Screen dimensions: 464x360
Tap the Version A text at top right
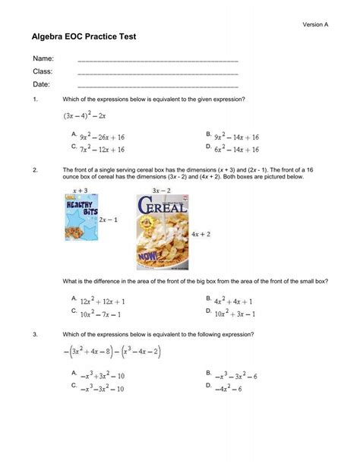coord(315,24)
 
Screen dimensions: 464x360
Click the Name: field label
coord(43,58)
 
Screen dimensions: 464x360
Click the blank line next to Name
coord(158,60)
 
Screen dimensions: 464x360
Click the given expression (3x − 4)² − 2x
coord(85,116)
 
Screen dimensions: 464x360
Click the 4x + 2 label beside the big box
coord(201,234)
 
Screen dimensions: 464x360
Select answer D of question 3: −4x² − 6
coord(228,389)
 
